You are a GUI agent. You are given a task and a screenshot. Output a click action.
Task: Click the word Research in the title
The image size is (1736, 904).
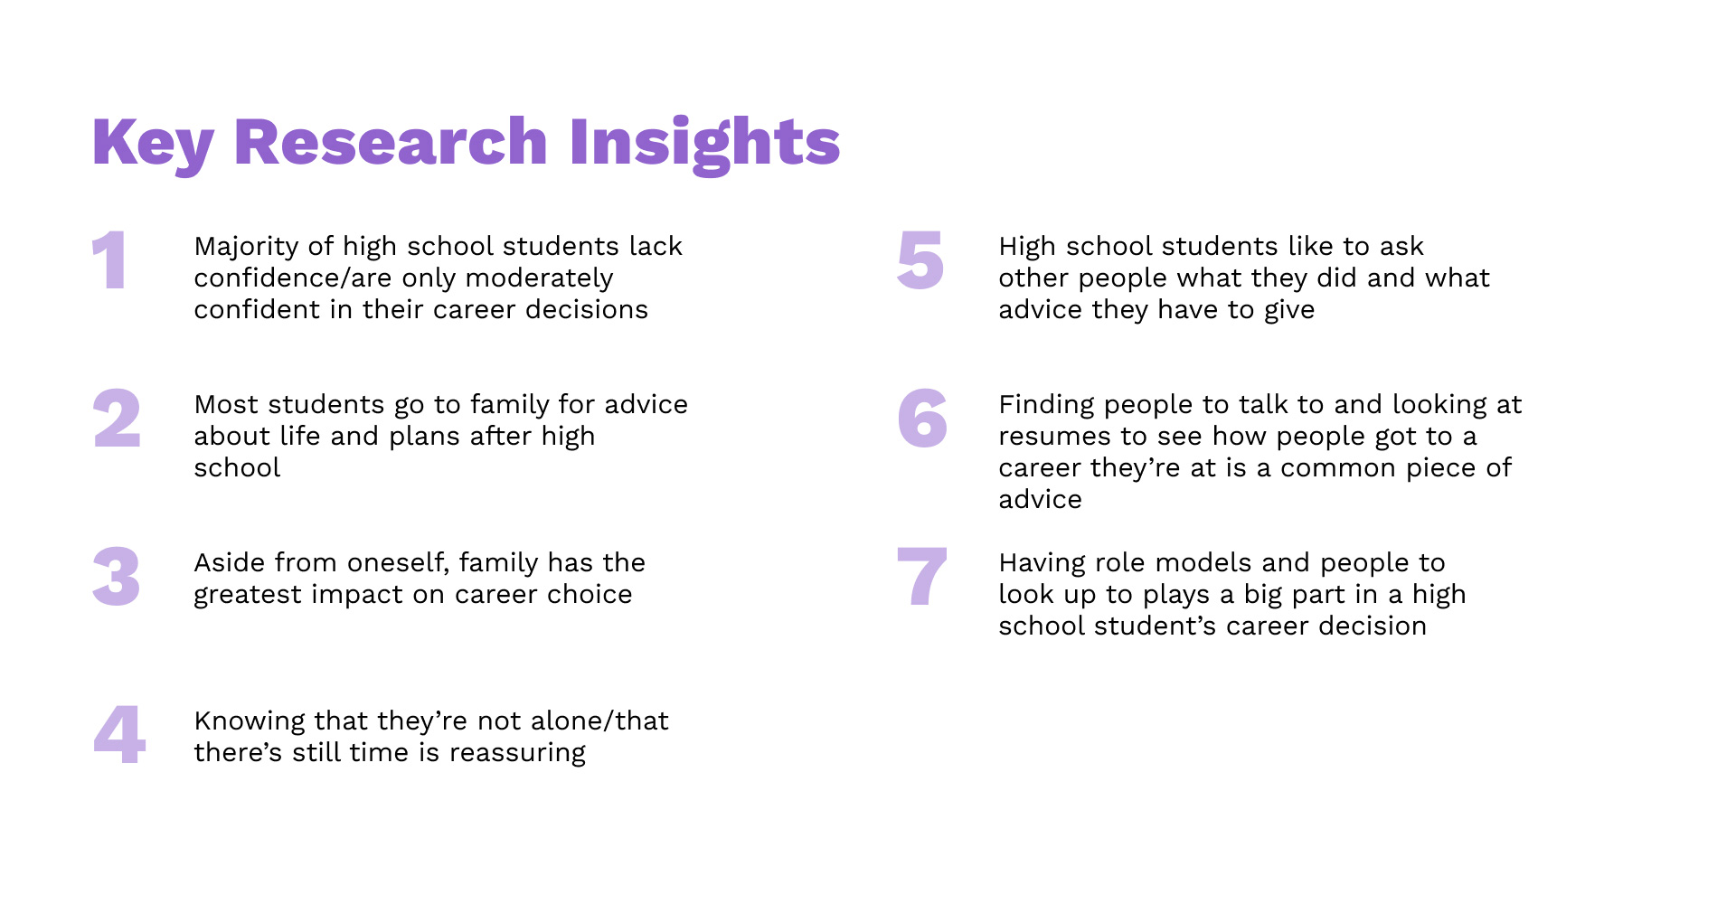391,142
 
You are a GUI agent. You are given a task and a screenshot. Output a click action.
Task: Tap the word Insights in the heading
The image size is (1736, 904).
704,142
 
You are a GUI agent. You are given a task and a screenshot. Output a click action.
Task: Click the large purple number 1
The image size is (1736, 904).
109,260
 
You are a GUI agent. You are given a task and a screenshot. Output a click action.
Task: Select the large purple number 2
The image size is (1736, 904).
117,419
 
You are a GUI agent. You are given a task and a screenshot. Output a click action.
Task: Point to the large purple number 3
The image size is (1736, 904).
117,577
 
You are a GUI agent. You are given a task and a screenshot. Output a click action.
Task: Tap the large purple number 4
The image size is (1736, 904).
119,734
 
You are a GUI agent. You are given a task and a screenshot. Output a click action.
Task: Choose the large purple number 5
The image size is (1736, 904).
920,260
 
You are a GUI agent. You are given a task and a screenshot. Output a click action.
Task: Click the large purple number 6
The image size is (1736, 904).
922,419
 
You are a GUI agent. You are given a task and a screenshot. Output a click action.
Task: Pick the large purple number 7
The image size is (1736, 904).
921,576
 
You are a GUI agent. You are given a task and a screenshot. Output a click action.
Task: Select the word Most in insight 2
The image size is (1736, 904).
226,404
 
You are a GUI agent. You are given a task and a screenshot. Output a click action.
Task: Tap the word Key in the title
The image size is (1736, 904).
153,144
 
